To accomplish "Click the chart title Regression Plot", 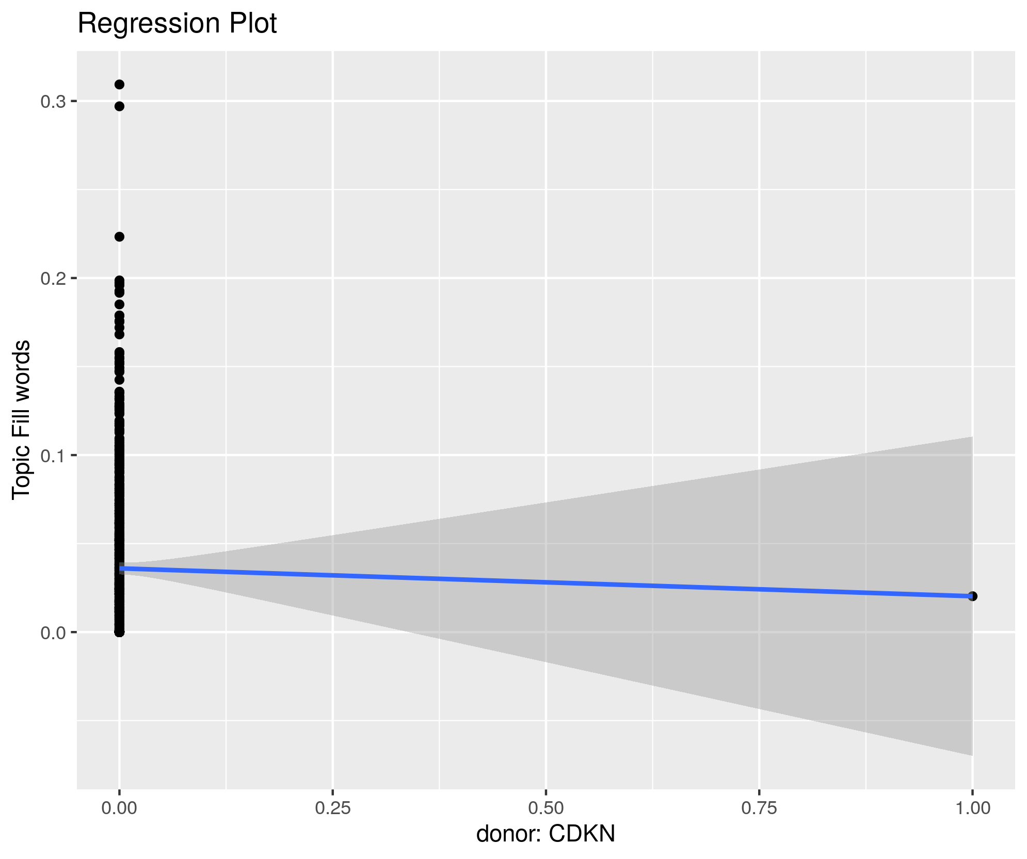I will [x=177, y=24].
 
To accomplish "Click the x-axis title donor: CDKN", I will [x=545, y=834].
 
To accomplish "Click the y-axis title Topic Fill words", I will [x=22, y=419].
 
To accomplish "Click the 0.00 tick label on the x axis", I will [x=119, y=808].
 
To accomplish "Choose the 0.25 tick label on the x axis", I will [x=333, y=808].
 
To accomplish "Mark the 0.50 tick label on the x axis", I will [x=546, y=808].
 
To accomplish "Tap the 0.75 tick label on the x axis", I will [x=759, y=808].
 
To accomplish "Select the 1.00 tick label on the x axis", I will [x=972, y=808].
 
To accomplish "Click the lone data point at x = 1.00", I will [x=973, y=596].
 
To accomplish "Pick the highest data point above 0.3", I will [x=119, y=85].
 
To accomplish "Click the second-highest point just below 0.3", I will [x=119, y=106].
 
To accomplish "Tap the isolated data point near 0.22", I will [x=119, y=237].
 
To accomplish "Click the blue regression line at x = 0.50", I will [x=546, y=582].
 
